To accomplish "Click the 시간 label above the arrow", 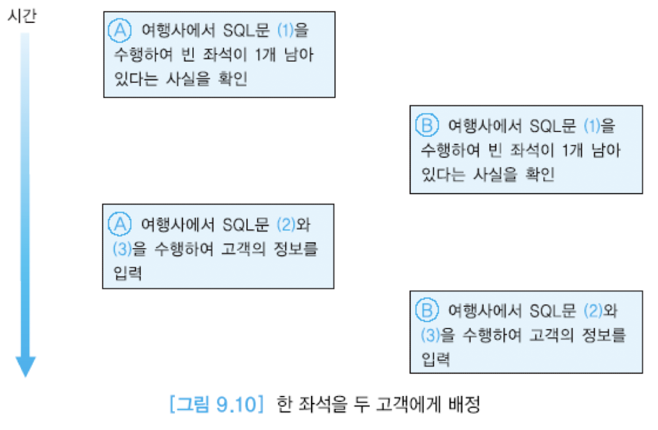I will (22, 15).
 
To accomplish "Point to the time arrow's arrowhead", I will (25, 365).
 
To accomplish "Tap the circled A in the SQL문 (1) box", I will (120, 29).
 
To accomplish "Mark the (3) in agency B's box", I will (428, 335).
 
